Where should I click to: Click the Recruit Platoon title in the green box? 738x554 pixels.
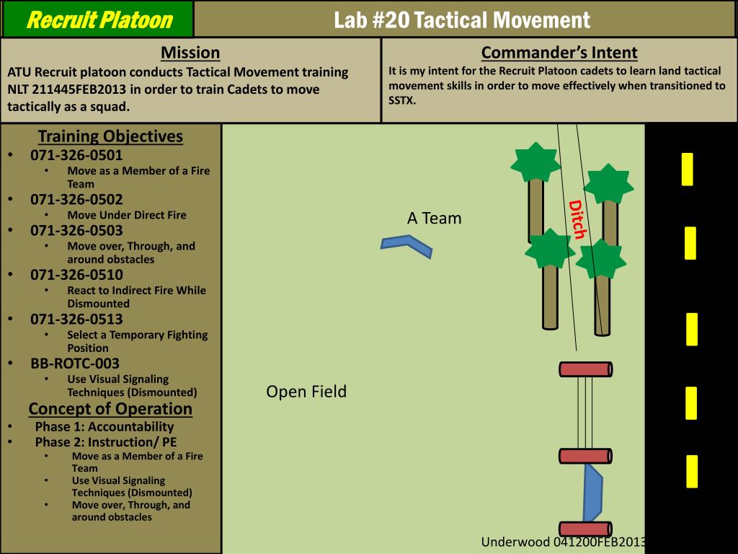click(x=99, y=19)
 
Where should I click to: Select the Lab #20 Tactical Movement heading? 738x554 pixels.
click(x=462, y=20)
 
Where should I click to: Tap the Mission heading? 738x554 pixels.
click(x=190, y=53)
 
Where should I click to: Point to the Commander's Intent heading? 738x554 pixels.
click(x=559, y=53)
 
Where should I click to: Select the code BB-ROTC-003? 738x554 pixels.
click(x=75, y=364)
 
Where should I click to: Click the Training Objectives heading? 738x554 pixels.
click(x=110, y=136)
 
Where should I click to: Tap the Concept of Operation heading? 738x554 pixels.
click(x=110, y=409)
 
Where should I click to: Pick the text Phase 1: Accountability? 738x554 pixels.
click(x=105, y=426)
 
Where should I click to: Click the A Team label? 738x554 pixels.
click(x=434, y=219)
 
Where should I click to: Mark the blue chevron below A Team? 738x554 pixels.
click(x=406, y=245)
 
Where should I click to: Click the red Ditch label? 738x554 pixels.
click(x=577, y=219)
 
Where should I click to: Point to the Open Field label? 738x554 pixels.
click(x=306, y=392)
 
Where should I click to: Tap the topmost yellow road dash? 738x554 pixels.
click(x=688, y=169)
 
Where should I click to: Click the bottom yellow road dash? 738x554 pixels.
click(x=692, y=471)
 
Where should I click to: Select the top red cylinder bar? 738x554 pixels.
click(x=586, y=369)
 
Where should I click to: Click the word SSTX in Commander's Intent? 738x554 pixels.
click(x=402, y=100)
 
